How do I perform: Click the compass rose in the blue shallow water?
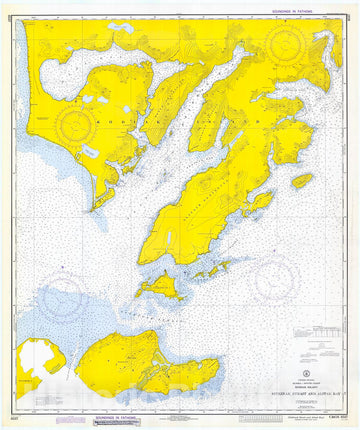(62, 299)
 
